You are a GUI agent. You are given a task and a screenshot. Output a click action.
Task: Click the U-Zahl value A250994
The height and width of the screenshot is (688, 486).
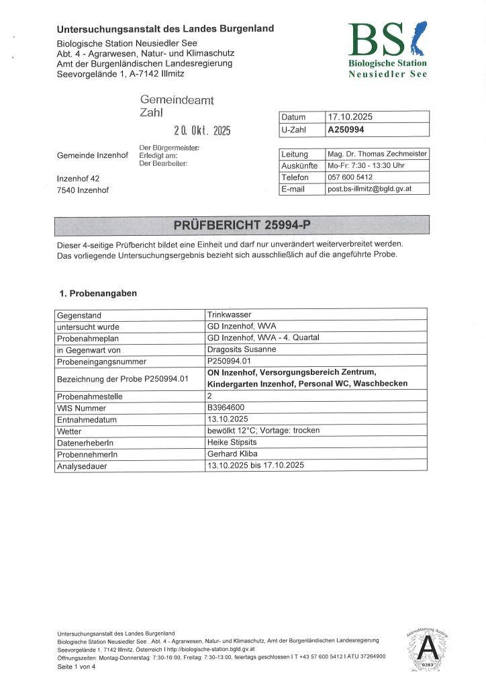(346, 130)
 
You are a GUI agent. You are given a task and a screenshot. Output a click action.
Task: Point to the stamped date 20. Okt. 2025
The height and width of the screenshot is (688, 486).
(202, 130)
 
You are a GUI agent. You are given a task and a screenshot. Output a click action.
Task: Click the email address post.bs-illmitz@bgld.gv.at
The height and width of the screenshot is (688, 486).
(369, 189)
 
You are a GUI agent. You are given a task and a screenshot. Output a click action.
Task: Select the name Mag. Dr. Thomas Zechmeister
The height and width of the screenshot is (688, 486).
(377, 154)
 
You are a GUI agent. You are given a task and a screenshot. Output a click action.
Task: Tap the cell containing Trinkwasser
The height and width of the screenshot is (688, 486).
(228, 314)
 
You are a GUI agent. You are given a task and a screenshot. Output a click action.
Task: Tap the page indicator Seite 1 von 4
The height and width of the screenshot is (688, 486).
(77, 666)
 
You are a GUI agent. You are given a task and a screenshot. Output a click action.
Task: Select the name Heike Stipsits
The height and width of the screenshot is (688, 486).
(232, 442)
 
